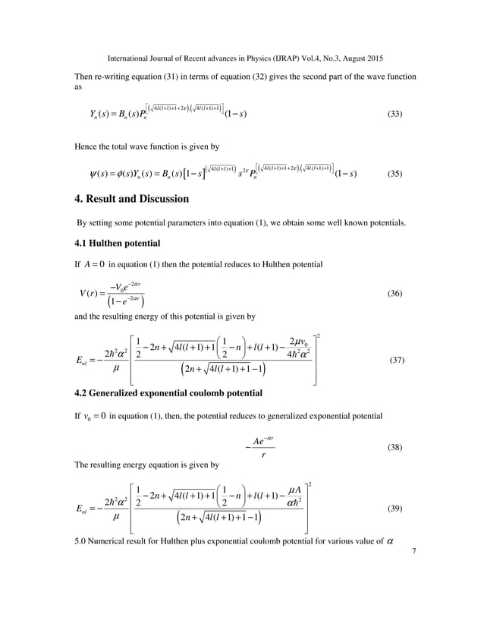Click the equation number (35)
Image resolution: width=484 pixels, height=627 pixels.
coord(394,173)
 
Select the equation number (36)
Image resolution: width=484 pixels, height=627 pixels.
coord(394,293)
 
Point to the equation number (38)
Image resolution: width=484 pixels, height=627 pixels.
coord(394,448)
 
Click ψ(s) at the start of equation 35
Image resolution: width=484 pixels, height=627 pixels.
coord(99,173)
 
